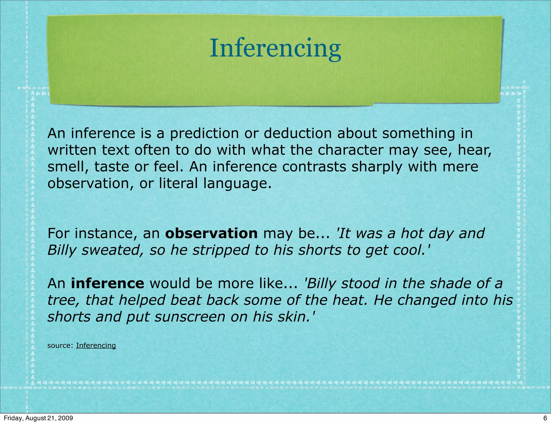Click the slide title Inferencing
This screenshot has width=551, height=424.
(x=275, y=48)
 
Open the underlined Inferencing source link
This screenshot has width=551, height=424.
(x=96, y=345)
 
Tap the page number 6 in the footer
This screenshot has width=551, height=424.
(x=545, y=418)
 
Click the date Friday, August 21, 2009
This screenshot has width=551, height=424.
(x=38, y=418)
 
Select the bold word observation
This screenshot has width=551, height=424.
(x=211, y=233)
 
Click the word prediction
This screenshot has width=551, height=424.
(x=204, y=133)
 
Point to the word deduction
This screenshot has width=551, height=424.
(x=298, y=133)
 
